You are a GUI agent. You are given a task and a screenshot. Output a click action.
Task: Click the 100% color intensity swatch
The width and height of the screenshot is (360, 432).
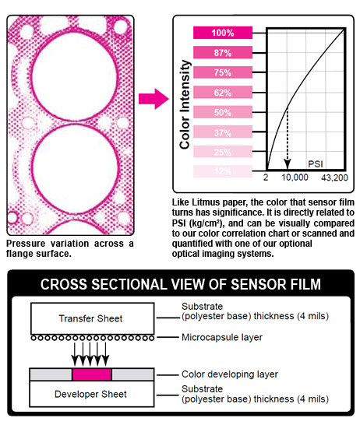point(223,33)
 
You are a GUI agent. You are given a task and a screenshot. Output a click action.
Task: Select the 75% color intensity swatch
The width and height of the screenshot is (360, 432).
point(223,72)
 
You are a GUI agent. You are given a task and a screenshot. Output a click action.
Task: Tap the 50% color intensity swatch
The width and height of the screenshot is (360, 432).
point(223,112)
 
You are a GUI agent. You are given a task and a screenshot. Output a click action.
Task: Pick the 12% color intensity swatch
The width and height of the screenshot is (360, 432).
point(223,171)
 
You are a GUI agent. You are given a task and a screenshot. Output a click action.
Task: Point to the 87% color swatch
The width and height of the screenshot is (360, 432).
point(223,52)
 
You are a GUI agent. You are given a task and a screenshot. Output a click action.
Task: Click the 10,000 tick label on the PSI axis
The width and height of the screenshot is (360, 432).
point(295,177)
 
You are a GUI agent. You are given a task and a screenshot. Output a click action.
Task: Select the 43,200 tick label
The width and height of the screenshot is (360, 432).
point(334,177)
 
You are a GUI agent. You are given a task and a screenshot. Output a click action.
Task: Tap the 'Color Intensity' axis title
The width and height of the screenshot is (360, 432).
point(185,105)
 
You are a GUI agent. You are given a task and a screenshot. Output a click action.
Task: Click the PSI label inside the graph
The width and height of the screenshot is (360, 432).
point(316,164)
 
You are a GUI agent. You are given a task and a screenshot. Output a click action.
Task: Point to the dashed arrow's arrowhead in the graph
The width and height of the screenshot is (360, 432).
point(288,163)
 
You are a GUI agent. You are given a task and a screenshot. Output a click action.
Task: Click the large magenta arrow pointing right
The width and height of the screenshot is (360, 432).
point(154,99)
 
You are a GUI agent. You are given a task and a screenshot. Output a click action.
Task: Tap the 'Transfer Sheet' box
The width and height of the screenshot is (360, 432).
point(93,318)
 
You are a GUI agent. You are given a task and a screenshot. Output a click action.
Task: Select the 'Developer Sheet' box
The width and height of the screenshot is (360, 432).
point(92,394)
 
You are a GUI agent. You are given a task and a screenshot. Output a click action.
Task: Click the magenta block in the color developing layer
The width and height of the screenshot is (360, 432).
point(92,374)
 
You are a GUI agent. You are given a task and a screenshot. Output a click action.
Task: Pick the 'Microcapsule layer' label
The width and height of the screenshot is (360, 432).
point(222,337)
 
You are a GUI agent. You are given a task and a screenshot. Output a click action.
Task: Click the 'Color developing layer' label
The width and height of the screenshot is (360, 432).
point(230,374)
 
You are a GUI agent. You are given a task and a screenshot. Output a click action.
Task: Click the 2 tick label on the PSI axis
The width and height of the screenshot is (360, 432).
point(266,177)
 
